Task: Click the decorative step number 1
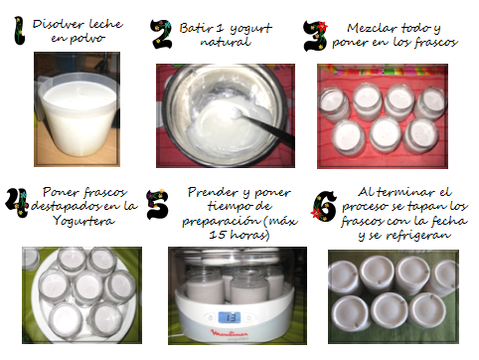(x=20, y=31)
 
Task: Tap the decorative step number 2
(x=161, y=34)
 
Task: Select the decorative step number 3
(x=315, y=36)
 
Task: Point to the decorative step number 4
(x=17, y=203)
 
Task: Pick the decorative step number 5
(x=157, y=204)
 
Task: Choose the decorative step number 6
(x=324, y=206)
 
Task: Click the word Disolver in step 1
(x=59, y=24)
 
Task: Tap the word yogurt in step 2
(x=250, y=29)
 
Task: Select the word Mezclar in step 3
(x=369, y=28)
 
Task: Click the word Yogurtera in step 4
(x=83, y=221)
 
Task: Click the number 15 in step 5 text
(x=218, y=235)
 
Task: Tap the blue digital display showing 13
(x=230, y=317)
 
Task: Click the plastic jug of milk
(x=78, y=113)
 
